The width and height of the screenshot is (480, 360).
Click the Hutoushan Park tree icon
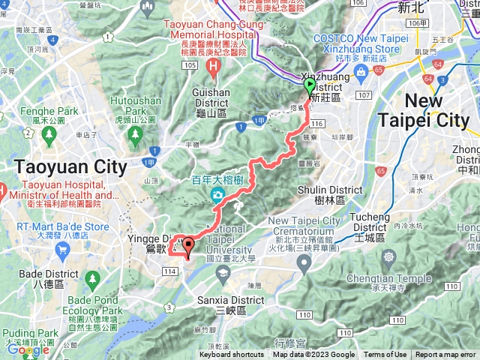[x=136, y=135]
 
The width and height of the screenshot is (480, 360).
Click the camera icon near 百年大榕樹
[x=217, y=195]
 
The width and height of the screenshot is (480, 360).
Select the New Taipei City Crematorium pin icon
[x=303, y=262]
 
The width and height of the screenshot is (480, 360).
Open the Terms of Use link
[x=385, y=355]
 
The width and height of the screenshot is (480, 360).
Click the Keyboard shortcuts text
[x=232, y=355]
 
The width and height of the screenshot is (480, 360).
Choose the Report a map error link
[x=445, y=355]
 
